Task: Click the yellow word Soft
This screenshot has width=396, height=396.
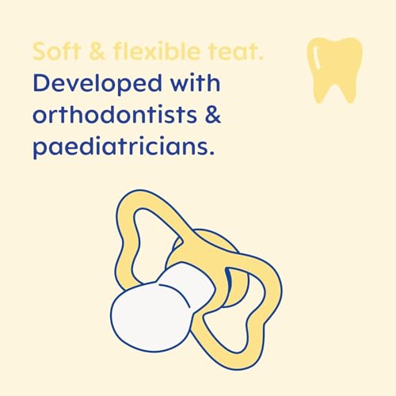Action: coord(55,53)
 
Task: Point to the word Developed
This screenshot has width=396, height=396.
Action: coord(99,85)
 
